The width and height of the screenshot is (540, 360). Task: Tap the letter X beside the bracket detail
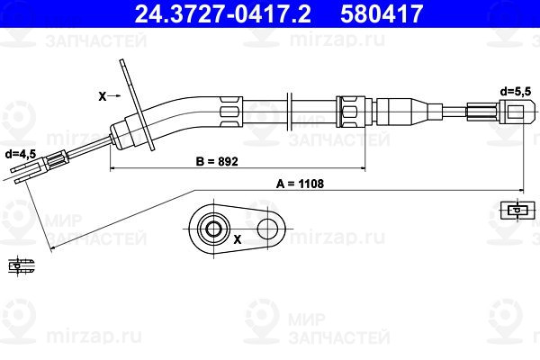(x=237, y=240)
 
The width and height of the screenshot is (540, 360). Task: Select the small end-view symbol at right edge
(x=515, y=210)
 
